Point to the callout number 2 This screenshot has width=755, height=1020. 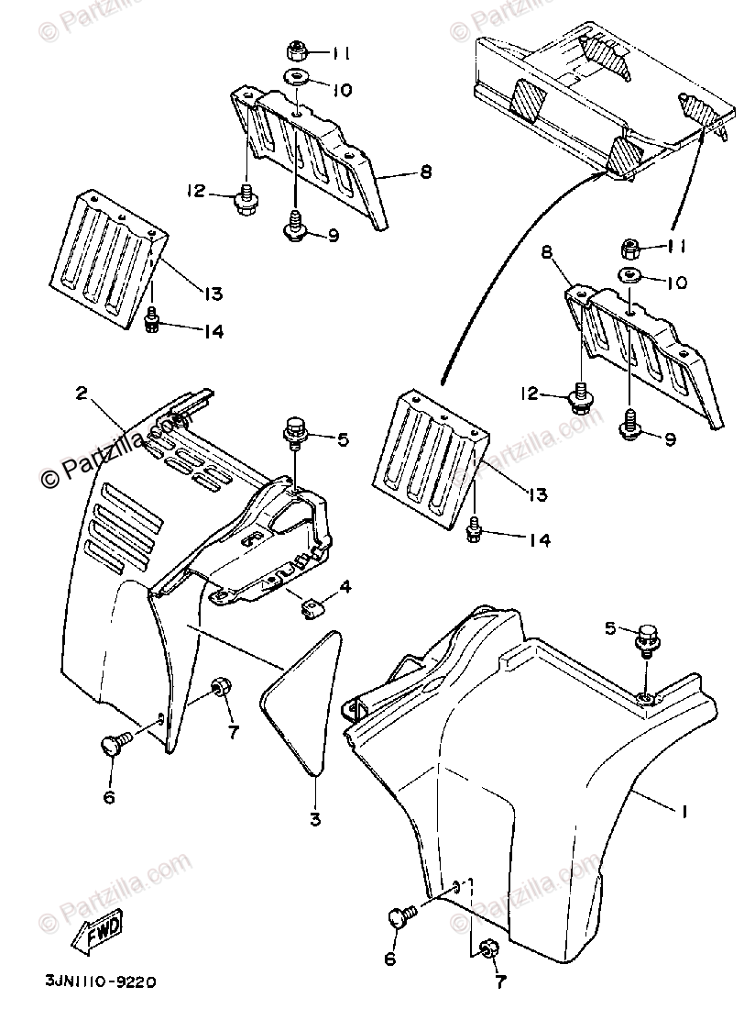point(82,393)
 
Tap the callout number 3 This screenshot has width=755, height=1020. point(314,819)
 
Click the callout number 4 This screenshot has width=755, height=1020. point(345,586)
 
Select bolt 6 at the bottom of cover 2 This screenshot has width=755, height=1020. point(116,746)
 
